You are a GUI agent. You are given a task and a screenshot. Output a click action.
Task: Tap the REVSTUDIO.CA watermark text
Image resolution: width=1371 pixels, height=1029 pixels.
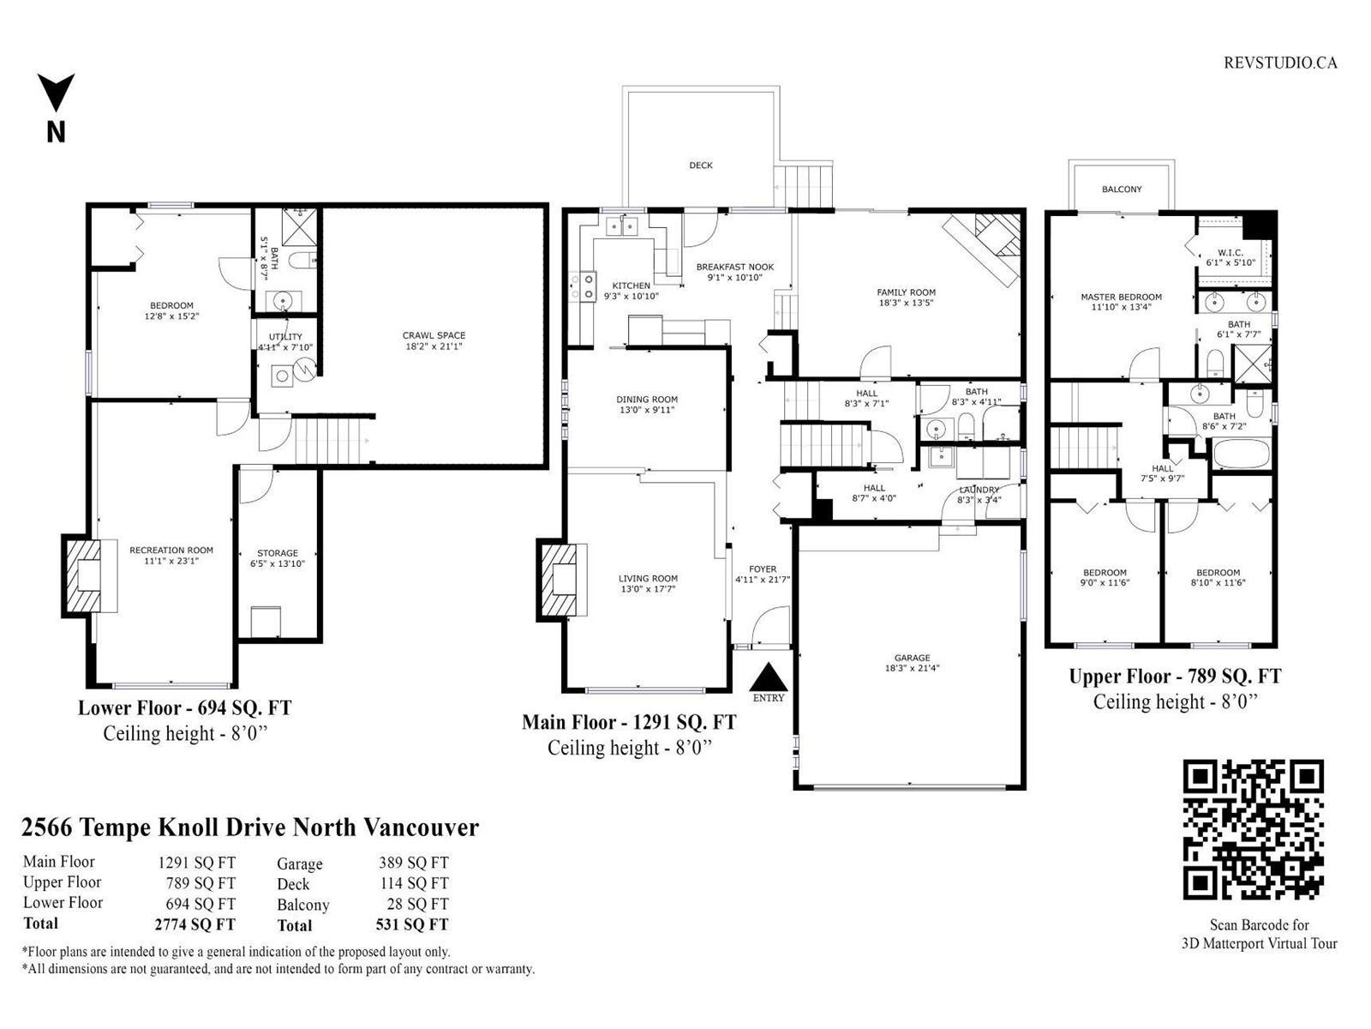tap(1280, 63)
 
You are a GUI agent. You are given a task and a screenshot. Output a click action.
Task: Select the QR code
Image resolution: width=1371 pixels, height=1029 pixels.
tap(1253, 830)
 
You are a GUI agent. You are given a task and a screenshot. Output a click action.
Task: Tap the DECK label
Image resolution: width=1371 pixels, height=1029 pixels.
tap(701, 165)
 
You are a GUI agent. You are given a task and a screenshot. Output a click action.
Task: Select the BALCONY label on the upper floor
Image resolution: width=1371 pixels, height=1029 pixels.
tap(1122, 190)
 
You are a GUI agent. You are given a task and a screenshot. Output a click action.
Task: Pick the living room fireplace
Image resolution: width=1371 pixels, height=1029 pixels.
tap(562, 581)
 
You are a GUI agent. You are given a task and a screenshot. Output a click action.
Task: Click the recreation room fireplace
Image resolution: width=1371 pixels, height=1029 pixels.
tap(90, 575)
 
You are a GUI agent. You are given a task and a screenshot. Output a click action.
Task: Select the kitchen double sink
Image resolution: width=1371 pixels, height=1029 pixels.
tap(621, 225)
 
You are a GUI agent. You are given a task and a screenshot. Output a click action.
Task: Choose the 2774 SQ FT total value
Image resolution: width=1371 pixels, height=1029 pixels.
tap(195, 924)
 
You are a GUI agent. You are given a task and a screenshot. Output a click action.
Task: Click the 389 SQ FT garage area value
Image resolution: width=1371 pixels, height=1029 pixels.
tap(413, 863)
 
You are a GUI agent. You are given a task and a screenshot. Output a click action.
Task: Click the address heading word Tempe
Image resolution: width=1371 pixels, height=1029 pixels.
tap(116, 828)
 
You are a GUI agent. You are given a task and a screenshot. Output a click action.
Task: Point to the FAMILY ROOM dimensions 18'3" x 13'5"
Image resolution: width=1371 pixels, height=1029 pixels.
tap(906, 303)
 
